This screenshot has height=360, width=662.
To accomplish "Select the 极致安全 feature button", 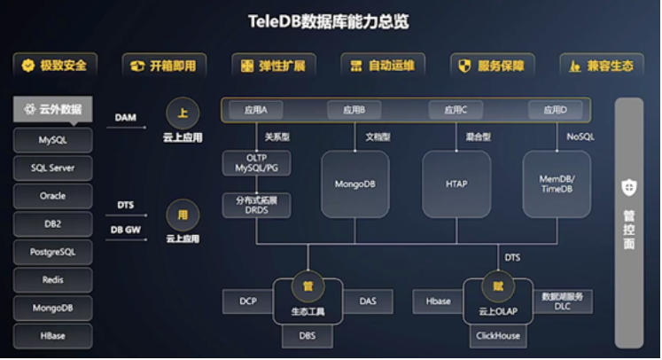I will [x=55, y=66].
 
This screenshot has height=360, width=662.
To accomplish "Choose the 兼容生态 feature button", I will [x=602, y=66].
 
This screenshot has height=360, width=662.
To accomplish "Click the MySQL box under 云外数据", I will [x=52, y=140].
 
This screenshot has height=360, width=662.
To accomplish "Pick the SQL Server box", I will [x=52, y=168].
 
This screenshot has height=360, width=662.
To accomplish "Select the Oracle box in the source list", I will [x=52, y=196].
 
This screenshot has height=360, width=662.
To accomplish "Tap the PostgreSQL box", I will [x=52, y=252].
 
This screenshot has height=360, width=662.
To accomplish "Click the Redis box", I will [x=52, y=280].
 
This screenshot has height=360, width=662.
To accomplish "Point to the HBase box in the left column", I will [x=52, y=336].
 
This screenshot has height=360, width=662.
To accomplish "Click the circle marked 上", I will [x=183, y=113].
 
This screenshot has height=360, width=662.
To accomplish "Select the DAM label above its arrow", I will [x=125, y=117].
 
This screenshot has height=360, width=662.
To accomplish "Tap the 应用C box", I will [x=455, y=110].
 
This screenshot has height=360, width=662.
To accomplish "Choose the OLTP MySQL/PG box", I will [x=256, y=163].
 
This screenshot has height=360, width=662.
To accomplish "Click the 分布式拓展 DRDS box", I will [x=256, y=206].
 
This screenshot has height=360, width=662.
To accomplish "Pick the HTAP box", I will [x=456, y=184].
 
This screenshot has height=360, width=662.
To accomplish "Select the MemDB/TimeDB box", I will [x=557, y=184].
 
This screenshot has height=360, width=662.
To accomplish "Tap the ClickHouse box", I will [x=497, y=336].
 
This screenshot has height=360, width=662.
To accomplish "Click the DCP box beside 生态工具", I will [x=248, y=301].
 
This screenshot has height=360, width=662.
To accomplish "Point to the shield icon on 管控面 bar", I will [x=629, y=187].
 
